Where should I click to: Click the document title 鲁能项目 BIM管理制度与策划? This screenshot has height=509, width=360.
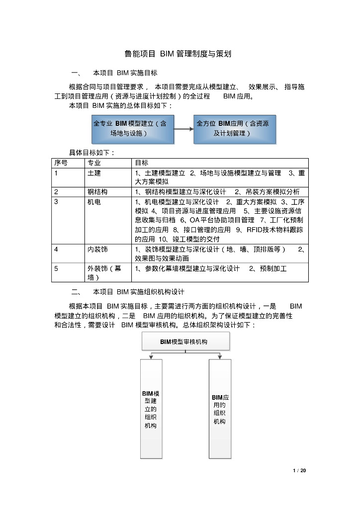coord(178,54)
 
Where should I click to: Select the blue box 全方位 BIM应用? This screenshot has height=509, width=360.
coord(235,128)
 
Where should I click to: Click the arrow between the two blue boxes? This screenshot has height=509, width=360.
coord(183,129)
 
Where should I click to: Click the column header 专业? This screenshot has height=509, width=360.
coord(94,163)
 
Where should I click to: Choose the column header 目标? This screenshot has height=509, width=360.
coord(141,163)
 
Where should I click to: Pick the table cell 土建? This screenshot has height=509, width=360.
coord(94,173)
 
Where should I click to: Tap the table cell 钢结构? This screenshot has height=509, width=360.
coord(97,192)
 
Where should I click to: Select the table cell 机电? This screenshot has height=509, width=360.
coord(94,202)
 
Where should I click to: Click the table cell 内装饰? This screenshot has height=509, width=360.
coord(97,249)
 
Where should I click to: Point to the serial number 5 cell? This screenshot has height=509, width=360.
coord(57,268)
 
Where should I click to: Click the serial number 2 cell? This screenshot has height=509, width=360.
coord(57,192)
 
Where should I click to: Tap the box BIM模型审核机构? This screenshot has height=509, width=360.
coord(185,341)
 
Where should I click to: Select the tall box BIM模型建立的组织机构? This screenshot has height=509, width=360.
coord(151,409)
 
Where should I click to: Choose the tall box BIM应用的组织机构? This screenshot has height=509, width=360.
coord(220,409)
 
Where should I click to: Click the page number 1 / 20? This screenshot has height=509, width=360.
coord(299,470)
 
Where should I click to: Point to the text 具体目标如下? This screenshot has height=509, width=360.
coord(91,153)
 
